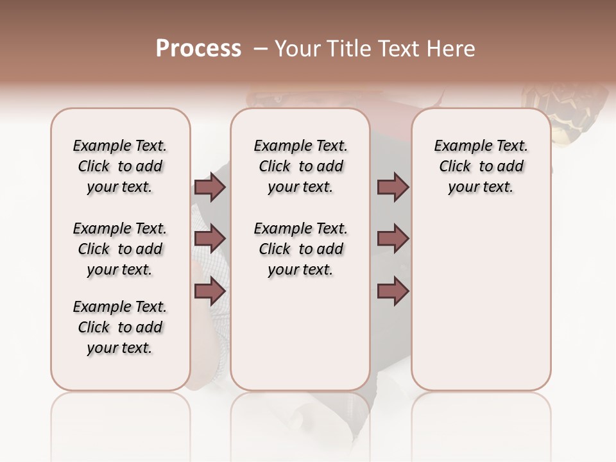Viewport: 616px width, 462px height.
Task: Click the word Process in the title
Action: click(198, 49)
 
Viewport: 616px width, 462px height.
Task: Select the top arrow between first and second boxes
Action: click(210, 187)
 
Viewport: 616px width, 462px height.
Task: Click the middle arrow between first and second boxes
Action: click(210, 239)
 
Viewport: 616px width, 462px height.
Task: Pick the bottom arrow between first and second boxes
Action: click(210, 291)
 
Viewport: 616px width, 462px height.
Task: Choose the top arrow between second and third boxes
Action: click(393, 187)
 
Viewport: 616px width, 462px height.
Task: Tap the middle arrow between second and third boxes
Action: click(393, 239)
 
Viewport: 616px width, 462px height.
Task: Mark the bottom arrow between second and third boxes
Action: click(393, 291)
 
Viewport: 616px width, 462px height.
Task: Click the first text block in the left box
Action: click(120, 166)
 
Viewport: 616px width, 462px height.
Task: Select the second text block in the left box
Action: click(120, 249)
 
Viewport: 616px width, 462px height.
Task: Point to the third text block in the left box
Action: click(120, 327)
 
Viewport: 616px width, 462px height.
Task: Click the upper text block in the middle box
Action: click(300, 166)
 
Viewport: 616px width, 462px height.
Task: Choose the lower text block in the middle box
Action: click(300, 249)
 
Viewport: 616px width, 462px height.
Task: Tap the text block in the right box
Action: click(481, 166)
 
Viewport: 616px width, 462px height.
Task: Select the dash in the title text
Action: click(260, 49)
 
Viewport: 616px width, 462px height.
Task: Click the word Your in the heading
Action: click(298, 49)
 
